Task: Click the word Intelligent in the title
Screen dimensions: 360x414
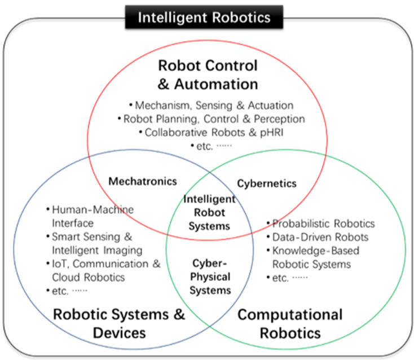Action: pos(173,17)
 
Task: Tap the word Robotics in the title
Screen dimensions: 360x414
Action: pos(241,17)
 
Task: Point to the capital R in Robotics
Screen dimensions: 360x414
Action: pos(216,17)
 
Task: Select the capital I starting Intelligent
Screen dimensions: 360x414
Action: pos(140,17)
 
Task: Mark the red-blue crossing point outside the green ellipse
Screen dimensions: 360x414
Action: pos(89,155)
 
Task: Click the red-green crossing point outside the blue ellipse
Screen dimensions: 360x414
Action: pos(325,153)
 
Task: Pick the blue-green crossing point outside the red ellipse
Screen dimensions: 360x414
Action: pos(210,326)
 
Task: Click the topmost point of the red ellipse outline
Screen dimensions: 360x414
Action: pos(207,40)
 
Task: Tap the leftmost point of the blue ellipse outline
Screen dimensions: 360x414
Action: pos(14,249)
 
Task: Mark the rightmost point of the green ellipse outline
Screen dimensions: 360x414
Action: pos(406,249)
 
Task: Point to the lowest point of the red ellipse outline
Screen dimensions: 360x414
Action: pos(207,240)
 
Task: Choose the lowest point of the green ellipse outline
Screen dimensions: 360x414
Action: pos(286,348)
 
